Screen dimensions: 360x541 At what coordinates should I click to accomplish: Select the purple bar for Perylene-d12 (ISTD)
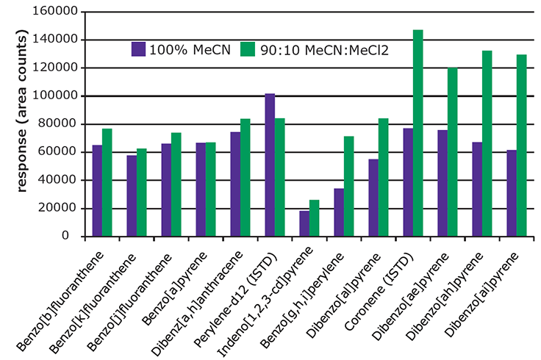270,165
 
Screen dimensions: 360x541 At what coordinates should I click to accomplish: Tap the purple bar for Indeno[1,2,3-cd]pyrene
304,223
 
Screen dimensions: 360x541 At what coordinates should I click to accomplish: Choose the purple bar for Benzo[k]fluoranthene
132,196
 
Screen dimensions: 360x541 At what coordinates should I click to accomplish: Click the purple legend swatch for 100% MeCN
138,49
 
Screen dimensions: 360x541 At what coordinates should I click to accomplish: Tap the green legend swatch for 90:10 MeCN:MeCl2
246,49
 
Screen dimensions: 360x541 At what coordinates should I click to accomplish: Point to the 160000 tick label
57,12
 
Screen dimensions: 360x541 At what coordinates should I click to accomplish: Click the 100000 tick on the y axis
57,96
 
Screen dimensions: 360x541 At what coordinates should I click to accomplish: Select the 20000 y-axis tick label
60,209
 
